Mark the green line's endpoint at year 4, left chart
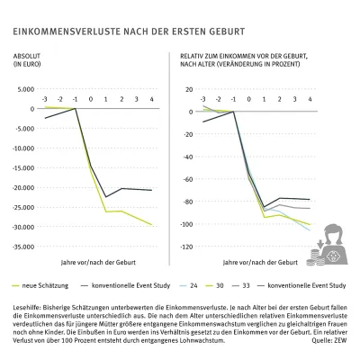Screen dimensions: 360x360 151,226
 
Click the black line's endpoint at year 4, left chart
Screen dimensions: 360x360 151,190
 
